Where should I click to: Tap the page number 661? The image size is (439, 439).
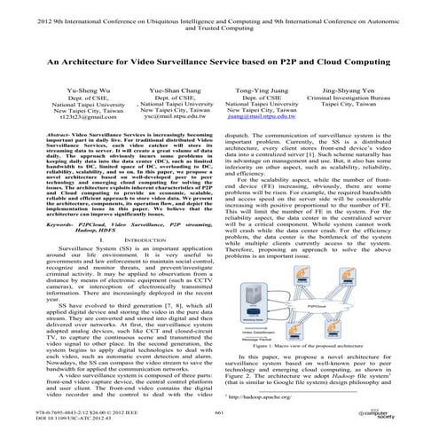(x=220, y=412)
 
